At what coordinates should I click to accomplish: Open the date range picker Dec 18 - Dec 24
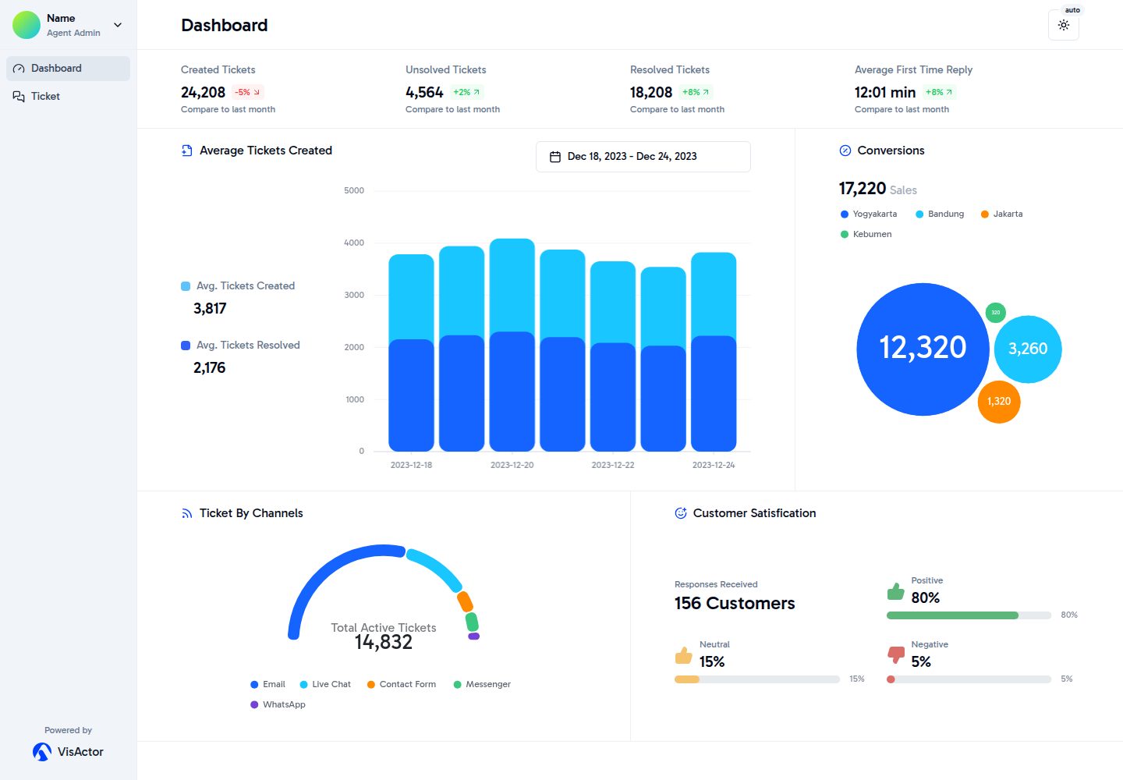(643, 157)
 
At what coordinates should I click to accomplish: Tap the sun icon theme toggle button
(1064, 25)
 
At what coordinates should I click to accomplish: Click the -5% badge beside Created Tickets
(248, 92)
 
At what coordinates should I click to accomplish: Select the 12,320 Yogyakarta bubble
(923, 349)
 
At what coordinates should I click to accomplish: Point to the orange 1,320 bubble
(999, 402)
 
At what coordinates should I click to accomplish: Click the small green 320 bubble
(996, 312)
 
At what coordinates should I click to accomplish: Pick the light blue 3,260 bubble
(1028, 349)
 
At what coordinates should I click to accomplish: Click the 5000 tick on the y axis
(354, 190)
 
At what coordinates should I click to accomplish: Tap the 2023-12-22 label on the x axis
(613, 465)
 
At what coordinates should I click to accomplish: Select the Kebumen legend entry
(866, 234)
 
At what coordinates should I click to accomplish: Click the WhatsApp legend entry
(278, 704)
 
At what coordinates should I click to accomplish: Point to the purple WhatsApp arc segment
(474, 636)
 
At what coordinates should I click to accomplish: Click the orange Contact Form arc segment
(465, 601)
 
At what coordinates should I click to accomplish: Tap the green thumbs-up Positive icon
(895, 591)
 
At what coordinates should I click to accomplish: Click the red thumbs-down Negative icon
(896, 654)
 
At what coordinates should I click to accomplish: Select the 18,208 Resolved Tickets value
(650, 92)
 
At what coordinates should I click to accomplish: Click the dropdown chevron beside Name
(118, 24)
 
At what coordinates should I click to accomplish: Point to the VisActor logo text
(80, 751)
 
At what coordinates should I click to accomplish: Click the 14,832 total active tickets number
(384, 642)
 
